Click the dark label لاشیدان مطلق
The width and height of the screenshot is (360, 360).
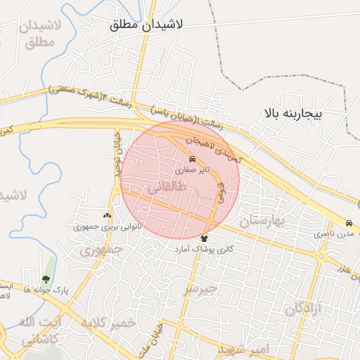[146, 24]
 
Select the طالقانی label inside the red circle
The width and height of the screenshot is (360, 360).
[167, 188]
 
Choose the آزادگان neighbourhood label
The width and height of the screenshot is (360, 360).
[304, 308]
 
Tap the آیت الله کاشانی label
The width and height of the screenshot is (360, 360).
[41, 330]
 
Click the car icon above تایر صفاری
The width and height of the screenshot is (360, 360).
[193, 159]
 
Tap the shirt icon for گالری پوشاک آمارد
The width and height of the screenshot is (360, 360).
[205, 238]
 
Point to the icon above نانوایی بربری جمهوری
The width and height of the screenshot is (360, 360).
[107, 216]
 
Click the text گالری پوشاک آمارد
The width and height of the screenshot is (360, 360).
[205, 250]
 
